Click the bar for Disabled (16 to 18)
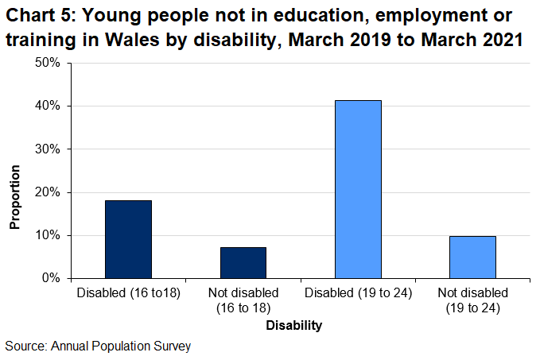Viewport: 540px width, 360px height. [x=128, y=239]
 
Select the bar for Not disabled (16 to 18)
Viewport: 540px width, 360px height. [x=243, y=262]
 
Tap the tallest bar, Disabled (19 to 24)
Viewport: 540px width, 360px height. [x=357, y=189]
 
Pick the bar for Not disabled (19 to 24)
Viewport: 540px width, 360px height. [x=472, y=257]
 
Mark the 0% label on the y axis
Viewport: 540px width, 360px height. [x=51, y=278]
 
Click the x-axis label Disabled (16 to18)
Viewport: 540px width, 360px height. [x=128, y=293]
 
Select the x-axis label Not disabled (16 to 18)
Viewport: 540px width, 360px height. [x=243, y=300]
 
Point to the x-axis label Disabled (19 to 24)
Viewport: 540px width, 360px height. [x=357, y=293]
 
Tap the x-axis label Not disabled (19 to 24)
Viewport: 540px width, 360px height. [x=472, y=300]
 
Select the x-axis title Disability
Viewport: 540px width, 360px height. [x=293, y=325]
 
